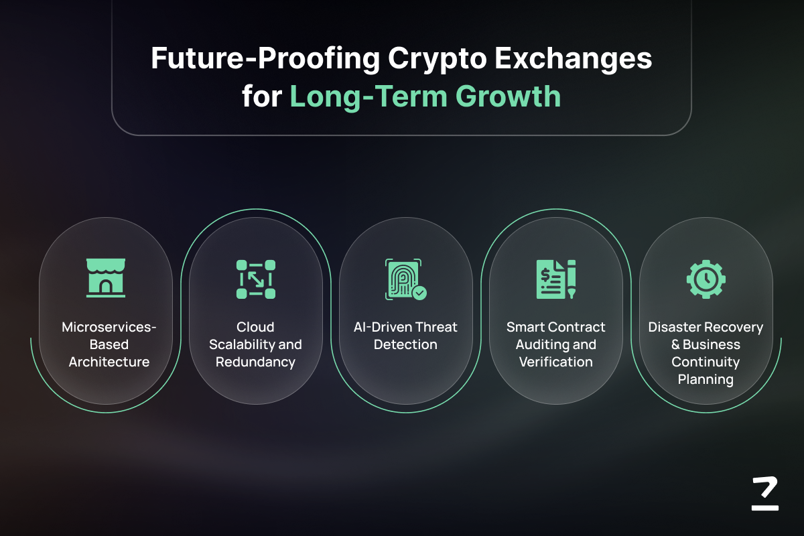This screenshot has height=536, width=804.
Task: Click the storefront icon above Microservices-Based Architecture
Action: [106, 278]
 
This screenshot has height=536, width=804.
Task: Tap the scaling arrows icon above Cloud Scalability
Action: [256, 279]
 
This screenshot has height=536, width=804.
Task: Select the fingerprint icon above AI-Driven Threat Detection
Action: [405, 279]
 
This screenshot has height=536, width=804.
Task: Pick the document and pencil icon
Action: [556, 279]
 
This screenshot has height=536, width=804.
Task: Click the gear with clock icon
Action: [706, 279]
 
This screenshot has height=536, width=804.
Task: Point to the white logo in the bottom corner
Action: [765, 493]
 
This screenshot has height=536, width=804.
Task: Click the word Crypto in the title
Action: [437, 59]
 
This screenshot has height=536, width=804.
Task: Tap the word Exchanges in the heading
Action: [574, 59]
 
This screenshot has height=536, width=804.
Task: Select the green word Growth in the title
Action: [509, 96]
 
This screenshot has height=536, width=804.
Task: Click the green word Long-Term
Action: [368, 97]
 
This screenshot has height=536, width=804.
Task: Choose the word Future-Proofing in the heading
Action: [265, 59]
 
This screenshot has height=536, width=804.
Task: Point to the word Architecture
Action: [109, 362]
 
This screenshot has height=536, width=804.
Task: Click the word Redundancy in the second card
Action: [255, 362]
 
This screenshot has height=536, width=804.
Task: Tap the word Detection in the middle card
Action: [405, 344]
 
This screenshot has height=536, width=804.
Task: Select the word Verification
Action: [556, 362]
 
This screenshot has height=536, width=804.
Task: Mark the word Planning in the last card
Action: [706, 380]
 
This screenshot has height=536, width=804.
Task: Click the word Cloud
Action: [255, 327]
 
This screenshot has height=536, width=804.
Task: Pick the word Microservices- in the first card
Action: [109, 327]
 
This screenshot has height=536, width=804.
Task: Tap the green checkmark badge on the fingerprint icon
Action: [419, 293]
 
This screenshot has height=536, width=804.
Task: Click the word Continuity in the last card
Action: [706, 362]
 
